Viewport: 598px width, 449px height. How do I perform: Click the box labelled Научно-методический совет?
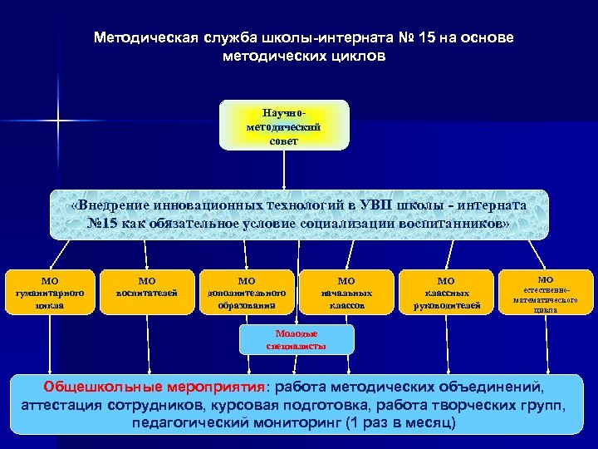pos(284,125)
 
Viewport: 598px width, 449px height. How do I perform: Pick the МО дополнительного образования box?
pos(247,293)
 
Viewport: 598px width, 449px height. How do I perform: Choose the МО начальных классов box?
pos(347,293)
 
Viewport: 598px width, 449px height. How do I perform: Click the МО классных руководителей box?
pos(446,293)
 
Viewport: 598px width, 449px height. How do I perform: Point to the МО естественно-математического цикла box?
pos(545,293)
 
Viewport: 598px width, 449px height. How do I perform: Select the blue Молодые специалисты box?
pos(297,338)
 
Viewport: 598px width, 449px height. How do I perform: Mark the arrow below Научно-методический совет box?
pos(284,170)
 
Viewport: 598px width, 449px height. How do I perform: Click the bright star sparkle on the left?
pos(58,121)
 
